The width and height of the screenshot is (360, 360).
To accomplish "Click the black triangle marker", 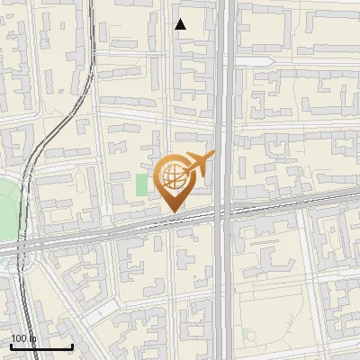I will (x=181, y=24).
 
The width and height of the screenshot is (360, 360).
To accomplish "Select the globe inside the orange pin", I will (x=174, y=177).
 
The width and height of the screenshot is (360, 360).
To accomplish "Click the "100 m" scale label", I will (x=22, y=338).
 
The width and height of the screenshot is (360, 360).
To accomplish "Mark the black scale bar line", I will (x=41, y=346).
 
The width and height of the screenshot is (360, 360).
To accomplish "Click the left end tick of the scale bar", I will (x=11, y=345).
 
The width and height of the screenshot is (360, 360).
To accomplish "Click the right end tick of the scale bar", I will (x=72, y=345).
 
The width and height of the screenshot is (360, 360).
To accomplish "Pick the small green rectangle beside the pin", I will (x=141, y=184).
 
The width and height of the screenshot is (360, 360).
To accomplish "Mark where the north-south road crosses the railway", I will (x=225, y=212).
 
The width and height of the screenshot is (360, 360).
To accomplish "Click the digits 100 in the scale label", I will (x=19, y=338).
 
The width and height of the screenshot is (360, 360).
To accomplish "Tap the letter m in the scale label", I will (x=32, y=338).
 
